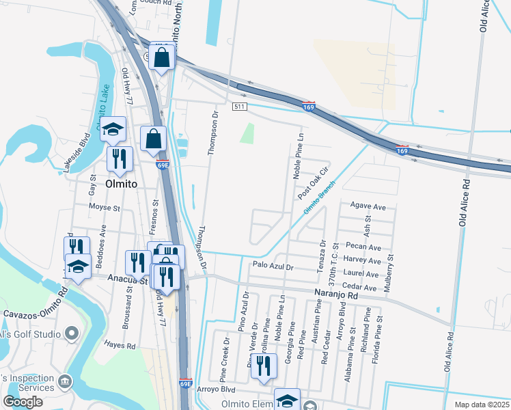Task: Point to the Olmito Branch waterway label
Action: [x=320, y=199]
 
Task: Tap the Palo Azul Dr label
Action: [x=272, y=266]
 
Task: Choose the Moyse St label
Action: [x=104, y=206]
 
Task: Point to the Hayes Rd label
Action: [x=120, y=346]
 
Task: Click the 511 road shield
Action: [x=238, y=107]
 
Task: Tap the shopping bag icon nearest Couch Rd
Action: [x=163, y=59]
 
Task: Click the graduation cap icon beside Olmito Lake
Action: [x=113, y=128]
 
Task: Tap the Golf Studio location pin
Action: [x=72, y=334]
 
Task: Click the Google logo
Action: [x=23, y=402]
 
